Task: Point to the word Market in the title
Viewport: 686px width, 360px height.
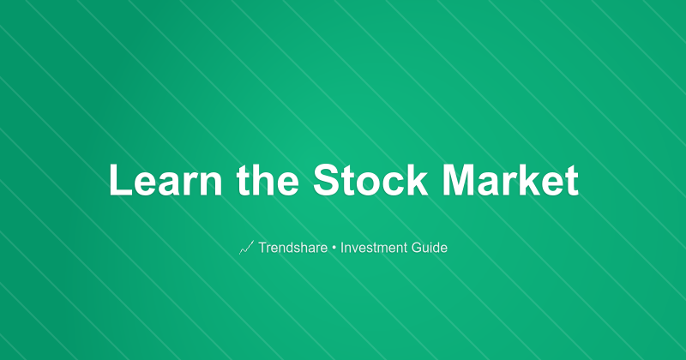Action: point(511,182)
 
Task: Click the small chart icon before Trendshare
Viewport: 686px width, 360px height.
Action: point(246,248)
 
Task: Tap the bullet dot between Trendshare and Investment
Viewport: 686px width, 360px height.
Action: point(334,248)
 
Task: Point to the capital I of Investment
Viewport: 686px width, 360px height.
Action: point(342,248)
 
